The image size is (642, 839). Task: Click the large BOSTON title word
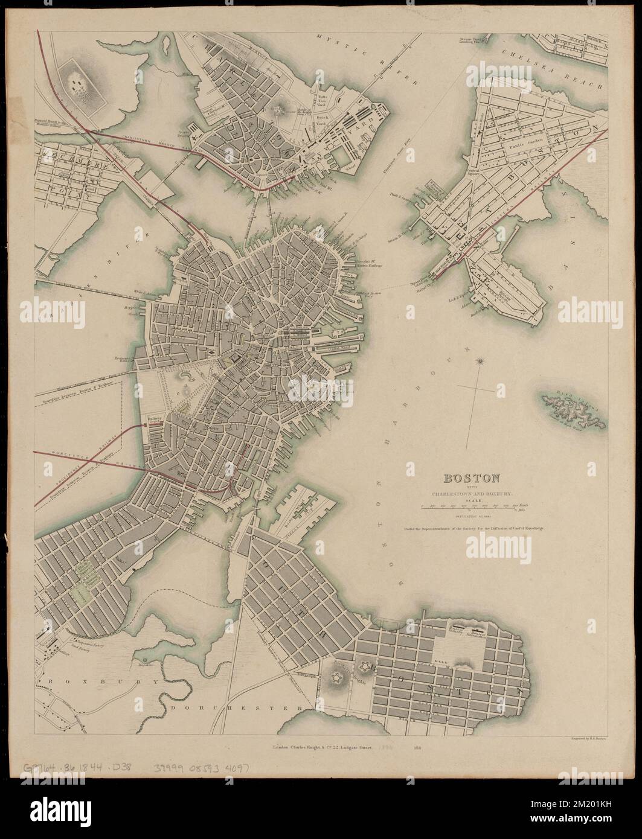tap(472, 479)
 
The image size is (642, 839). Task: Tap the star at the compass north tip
tap(481, 362)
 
